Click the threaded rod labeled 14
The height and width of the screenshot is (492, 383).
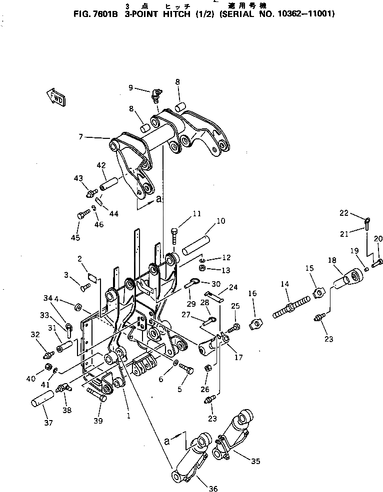click(288, 309)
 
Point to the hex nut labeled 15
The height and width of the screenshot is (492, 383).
click(318, 291)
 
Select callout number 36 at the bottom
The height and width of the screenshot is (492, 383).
click(213, 489)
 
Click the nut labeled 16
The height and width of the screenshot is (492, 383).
click(255, 324)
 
